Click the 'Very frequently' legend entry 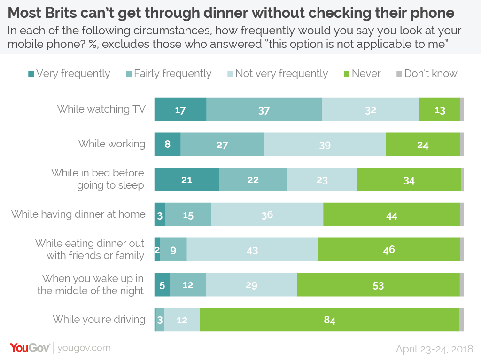pyautogui.click(x=69, y=74)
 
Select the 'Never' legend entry pyautogui.click(x=362, y=74)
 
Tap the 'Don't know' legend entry pyautogui.click(x=427, y=74)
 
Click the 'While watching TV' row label pyautogui.click(x=101, y=109)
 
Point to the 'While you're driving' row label pyautogui.click(x=99, y=320)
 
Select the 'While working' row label pyautogui.click(x=112, y=144)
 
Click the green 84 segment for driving pyautogui.click(x=329, y=320)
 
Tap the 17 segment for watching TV pyautogui.click(x=180, y=110)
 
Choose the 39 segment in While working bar pyautogui.click(x=325, y=145)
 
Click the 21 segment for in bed pyautogui.click(x=186, y=180)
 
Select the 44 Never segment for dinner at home pyautogui.click(x=391, y=215)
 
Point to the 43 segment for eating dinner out pyautogui.click(x=252, y=250)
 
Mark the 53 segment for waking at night pyautogui.click(x=378, y=285)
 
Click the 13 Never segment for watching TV pyautogui.click(x=440, y=110)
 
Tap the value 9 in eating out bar pyautogui.click(x=173, y=250)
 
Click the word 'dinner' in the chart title pyautogui.click(x=228, y=13)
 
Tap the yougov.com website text pyautogui.click(x=85, y=348)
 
